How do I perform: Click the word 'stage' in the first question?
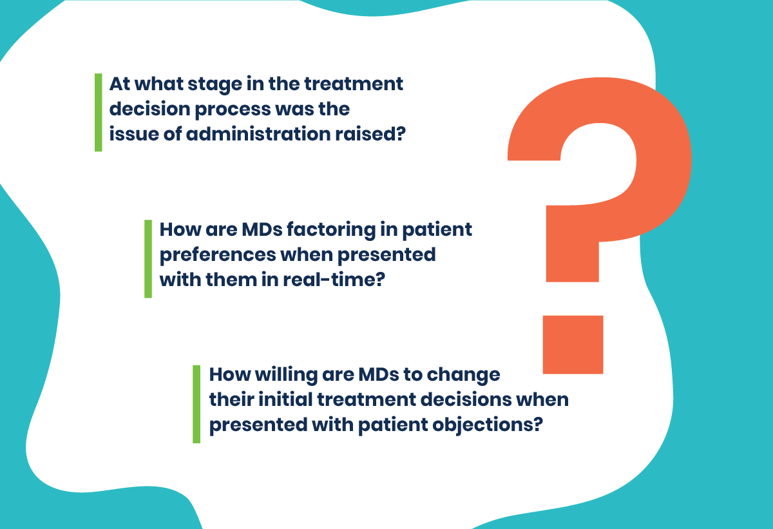[x=215, y=85]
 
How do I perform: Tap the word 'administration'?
[x=258, y=134]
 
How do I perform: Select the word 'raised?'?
[x=370, y=134]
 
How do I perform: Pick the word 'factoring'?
[x=331, y=230]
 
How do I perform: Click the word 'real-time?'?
[x=334, y=279]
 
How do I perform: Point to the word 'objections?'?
[x=488, y=425]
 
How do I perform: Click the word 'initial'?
[x=285, y=399]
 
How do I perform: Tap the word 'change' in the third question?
[x=463, y=376]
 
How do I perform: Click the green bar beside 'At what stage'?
[x=99, y=113]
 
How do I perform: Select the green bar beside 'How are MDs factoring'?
[x=148, y=259]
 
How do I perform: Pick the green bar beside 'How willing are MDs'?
[x=196, y=404]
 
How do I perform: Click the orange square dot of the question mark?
[x=573, y=345]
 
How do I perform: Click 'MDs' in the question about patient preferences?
[x=262, y=229]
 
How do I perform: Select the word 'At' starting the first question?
[x=119, y=84]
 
